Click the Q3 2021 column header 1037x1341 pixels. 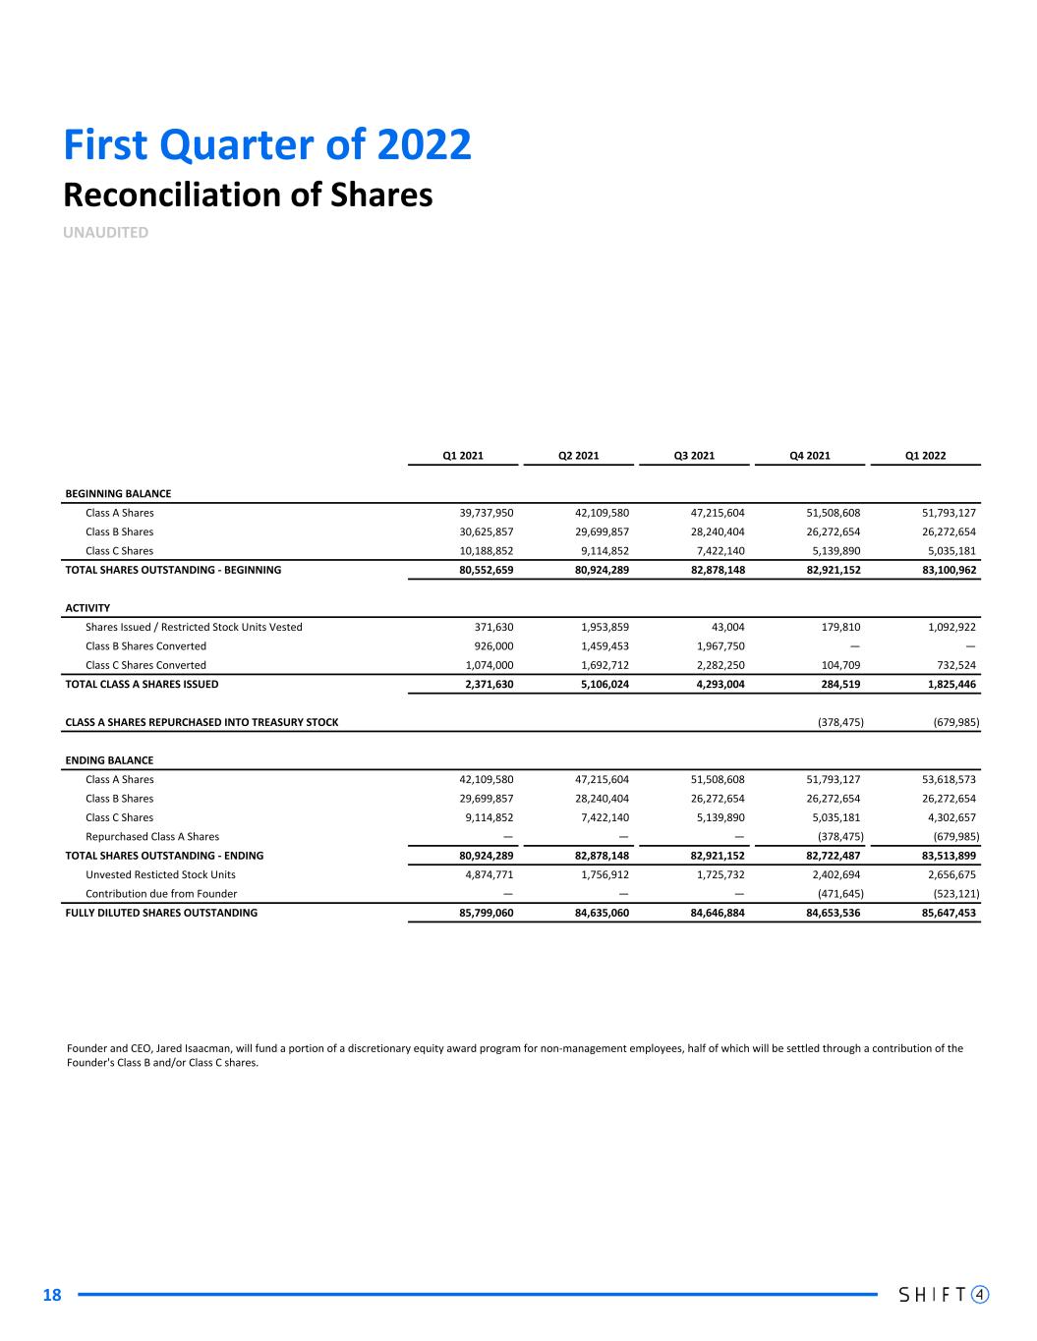[x=693, y=456]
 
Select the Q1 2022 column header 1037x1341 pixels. [x=925, y=456]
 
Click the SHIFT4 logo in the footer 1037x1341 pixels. [x=944, y=1294]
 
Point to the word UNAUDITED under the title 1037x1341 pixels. [x=106, y=233]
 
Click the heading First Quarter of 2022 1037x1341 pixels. [x=267, y=145]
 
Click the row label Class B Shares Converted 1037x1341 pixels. [x=145, y=646]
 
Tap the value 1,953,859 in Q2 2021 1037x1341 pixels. [x=602, y=627]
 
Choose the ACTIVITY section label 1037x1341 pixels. [x=87, y=608]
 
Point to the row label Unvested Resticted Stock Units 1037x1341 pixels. [x=160, y=874]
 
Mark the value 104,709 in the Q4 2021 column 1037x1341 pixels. [x=839, y=665]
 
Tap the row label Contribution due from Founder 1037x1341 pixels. [x=161, y=894]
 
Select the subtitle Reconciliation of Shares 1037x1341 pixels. [x=248, y=195]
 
